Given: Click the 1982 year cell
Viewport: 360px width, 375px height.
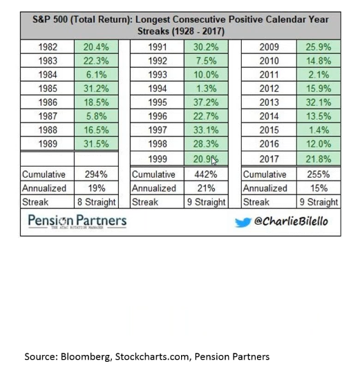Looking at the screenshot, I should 47,47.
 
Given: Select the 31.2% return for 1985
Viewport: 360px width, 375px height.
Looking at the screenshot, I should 96,89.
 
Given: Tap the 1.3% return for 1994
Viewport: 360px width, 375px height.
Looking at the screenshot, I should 206,89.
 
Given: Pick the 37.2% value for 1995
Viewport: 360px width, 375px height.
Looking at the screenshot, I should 206,102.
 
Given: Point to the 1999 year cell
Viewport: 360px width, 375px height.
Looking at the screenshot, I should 158,158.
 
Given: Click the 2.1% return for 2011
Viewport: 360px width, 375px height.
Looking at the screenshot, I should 317,75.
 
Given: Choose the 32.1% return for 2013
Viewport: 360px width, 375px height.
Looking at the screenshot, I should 317,102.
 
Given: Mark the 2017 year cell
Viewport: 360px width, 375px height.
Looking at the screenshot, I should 269,158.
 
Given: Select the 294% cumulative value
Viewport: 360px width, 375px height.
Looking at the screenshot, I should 96,174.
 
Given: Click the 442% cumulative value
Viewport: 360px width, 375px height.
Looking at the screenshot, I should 206,174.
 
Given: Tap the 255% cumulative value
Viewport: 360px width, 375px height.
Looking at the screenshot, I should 317,174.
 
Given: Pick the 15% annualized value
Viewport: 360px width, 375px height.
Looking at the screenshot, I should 317,188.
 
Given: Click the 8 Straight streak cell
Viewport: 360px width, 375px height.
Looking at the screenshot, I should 96,202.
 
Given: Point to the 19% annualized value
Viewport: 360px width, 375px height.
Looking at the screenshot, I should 96,188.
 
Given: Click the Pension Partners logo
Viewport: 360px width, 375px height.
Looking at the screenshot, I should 77,222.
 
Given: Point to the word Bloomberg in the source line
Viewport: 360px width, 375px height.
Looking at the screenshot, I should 88,356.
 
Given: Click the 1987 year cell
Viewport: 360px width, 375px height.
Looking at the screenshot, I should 47,116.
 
